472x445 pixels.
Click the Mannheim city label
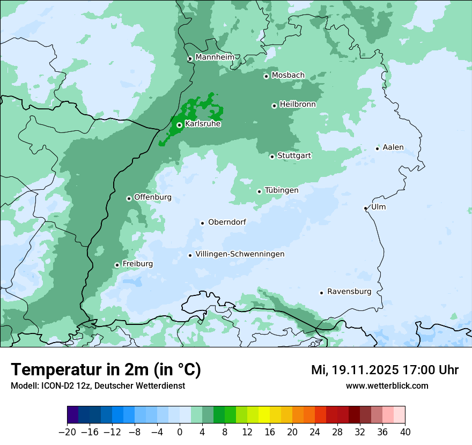pyautogui.click(x=215, y=57)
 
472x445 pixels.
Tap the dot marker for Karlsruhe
pyautogui.click(x=179, y=125)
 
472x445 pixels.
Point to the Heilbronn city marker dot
pyautogui.click(x=274, y=106)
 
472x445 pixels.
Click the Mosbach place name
pyautogui.click(x=288, y=75)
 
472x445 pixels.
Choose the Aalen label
pyautogui.click(x=393, y=147)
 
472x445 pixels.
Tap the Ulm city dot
pyautogui.click(x=365, y=208)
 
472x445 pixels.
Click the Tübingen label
pyautogui.click(x=282, y=190)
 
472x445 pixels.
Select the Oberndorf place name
pyautogui.click(x=227, y=222)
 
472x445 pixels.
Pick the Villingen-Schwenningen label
pyautogui.click(x=240, y=254)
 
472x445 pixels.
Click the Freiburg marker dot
pyautogui.click(x=117, y=265)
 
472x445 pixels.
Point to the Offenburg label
pyautogui.click(x=153, y=197)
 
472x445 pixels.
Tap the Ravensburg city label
pyautogui.click(x=349, y=292)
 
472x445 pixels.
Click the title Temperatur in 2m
pyautogui.click(x=106, y=370)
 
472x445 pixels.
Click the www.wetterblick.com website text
pyautogui.click(x=387, y=386)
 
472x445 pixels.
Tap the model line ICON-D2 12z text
pyautogui.click(x=98, y=386)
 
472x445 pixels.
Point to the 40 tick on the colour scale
pyautogui.click(x=405, y=432)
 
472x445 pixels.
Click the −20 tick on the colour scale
pyautogui.click(x=67, y=432)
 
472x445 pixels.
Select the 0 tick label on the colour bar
pyautogui.click(x=180, y=432)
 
